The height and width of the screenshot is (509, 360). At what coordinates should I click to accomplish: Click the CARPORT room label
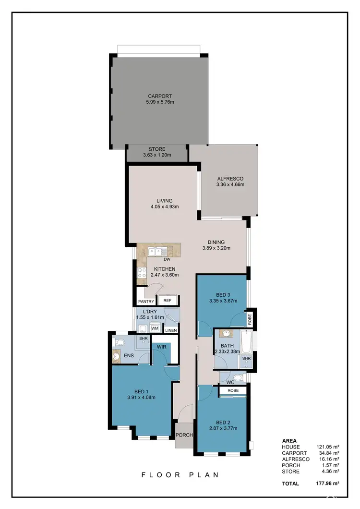[x=160, y=96]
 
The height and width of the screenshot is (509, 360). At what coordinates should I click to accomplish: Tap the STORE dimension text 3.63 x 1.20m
[x=157, y=156]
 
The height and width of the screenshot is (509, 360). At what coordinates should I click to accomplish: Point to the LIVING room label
[x=164, y=201]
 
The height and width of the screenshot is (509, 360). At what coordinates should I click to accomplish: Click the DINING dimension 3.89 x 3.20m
[x=216, y=248]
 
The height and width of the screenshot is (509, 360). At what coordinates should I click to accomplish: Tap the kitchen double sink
[x=157, y=250]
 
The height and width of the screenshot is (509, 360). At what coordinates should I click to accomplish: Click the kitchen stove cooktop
[x=142, y=273]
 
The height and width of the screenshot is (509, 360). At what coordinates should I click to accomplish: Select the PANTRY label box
[x=146, y=301]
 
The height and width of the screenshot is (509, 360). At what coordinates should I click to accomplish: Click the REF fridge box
[x=167, y=301]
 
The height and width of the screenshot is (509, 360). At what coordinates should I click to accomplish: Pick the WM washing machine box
[x=155, y=328]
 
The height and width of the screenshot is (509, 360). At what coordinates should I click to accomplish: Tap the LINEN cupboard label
[x=171, y=330]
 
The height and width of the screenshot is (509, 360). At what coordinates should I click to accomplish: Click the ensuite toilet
[x=120, y=342]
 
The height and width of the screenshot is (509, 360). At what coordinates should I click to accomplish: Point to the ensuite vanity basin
[x=116, y=356]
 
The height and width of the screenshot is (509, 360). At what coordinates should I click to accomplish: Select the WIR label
[x=161, y=346]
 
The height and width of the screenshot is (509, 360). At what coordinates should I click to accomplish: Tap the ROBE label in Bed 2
[x=233, y=391]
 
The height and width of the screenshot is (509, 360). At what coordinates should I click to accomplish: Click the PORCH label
[x=183, y=435]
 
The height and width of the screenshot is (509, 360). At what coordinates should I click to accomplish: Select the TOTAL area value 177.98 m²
[x=329, y=484]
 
